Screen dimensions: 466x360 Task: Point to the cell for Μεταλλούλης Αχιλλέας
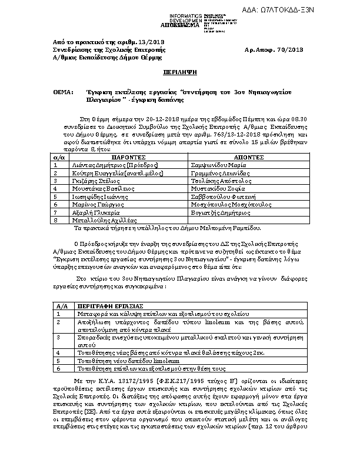(x=102, y=219)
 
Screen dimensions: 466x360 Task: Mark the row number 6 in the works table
(x=58, y=368)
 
